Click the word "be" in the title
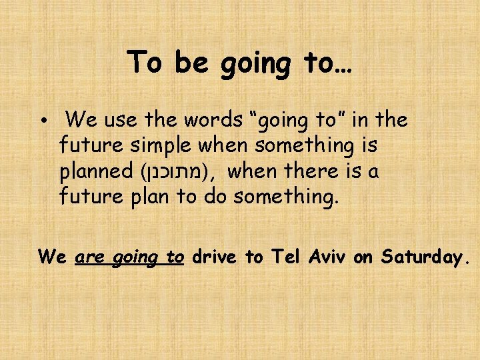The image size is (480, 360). pos(189,63)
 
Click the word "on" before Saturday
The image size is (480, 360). pos(363,257)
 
